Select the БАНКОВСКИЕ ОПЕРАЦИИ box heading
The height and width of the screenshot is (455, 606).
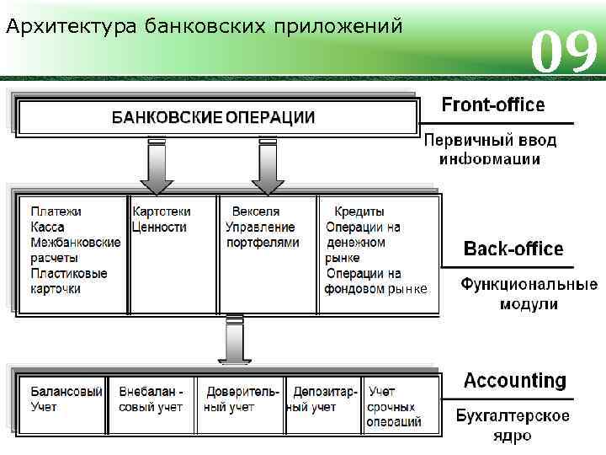pos(214,118)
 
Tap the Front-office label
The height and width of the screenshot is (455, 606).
pos(493,105)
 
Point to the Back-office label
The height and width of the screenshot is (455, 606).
pos(513,249)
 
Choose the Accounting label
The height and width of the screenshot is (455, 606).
pos(515,380)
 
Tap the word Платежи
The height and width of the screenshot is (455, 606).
pos(56,211)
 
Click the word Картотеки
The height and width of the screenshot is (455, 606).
pos(162,211)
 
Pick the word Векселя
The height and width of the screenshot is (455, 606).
pos(256,211)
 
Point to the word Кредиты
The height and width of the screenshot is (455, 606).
pos(359,211)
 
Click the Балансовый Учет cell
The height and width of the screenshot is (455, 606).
pos(66,399)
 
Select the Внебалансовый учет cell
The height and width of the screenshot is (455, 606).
pos(151,399)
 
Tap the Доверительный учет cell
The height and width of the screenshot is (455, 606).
pos(242,399)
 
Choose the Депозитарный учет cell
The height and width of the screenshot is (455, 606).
pos(324,399)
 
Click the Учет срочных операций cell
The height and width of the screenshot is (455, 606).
pos(394,407)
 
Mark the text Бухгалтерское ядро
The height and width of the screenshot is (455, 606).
pos(513,426)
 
